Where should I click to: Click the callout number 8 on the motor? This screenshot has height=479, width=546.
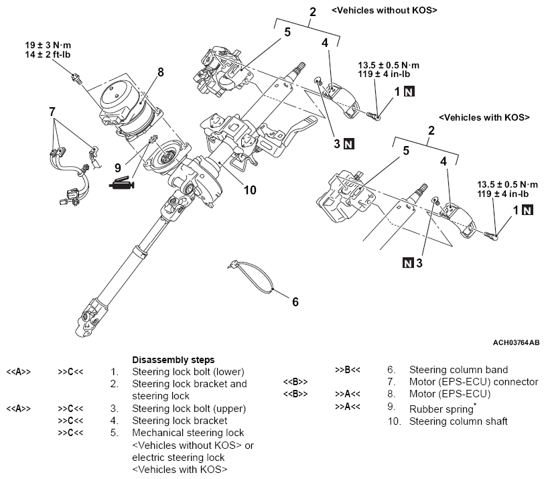[159, 72]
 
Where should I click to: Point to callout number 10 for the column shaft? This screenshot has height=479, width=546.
[250, 190]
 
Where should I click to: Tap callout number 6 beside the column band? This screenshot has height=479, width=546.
[295, 301]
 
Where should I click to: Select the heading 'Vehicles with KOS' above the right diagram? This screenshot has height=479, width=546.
[484, 117]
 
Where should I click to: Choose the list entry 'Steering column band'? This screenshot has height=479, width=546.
[458, 369]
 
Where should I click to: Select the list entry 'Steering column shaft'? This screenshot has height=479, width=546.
[458, 421]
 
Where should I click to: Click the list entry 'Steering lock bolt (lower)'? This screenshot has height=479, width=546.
[188, 371]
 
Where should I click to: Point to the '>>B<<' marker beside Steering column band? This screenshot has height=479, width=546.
[348, 369]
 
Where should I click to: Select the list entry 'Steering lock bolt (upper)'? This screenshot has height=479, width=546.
[190, 408]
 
